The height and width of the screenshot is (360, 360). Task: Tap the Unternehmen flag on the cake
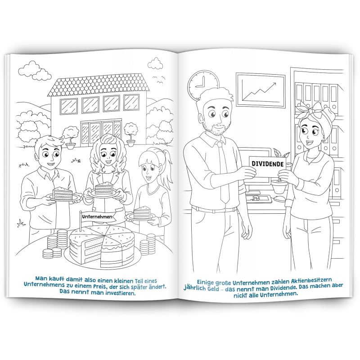coord(97,217)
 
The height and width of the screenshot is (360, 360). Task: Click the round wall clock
coord(203,84)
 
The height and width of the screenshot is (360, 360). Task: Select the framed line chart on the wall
coord(261,90)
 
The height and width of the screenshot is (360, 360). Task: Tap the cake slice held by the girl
coord(141,212)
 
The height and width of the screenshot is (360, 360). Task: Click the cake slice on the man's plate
coord(62,193)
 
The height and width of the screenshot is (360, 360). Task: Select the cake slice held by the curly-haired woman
coord(104,188)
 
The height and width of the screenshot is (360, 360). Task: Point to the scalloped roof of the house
coord(99,85)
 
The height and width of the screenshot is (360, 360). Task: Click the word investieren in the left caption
coord(120,293)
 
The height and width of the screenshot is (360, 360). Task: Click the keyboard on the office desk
coord(258,199)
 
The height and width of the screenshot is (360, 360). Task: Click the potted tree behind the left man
coord(70,138)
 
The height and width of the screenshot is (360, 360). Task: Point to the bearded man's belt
coord(213,209)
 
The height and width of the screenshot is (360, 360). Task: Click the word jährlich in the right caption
coord(195,288)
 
